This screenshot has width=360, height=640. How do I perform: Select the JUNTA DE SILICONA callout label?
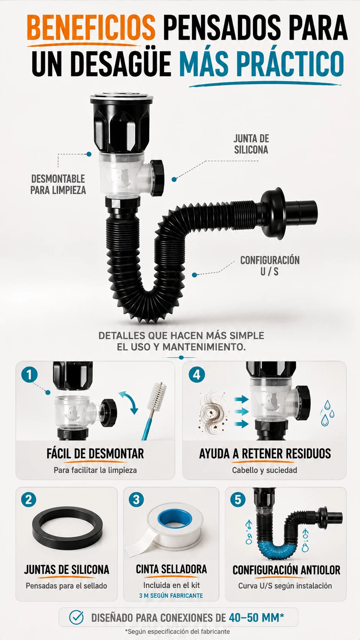click(251, 144)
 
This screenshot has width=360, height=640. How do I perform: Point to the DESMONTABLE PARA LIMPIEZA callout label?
click(58, 184)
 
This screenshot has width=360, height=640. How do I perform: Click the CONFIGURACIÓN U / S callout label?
click(270, 266)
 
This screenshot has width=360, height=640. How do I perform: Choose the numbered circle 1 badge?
click(29, 375)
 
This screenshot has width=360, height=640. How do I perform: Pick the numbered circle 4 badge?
click(197, 375)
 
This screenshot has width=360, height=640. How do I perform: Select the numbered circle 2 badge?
click(29, 500)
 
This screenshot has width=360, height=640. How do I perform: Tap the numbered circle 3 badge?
click(137, 500)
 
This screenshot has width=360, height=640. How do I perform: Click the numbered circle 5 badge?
click(238, 500)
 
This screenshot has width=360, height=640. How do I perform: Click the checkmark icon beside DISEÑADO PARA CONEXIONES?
click(76, 617)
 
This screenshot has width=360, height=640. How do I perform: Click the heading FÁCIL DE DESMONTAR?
click(95, 454)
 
